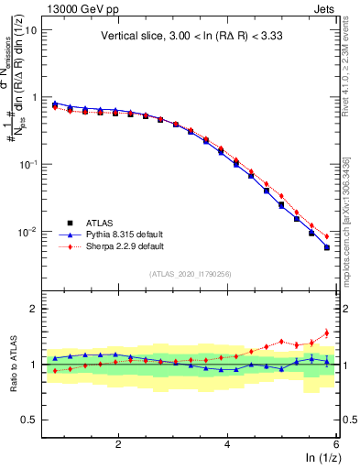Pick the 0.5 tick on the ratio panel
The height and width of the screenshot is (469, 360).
pos(29,420)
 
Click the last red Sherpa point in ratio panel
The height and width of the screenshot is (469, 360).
pos(326,333)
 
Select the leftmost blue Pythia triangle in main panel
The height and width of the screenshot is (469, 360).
pos(55,104)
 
